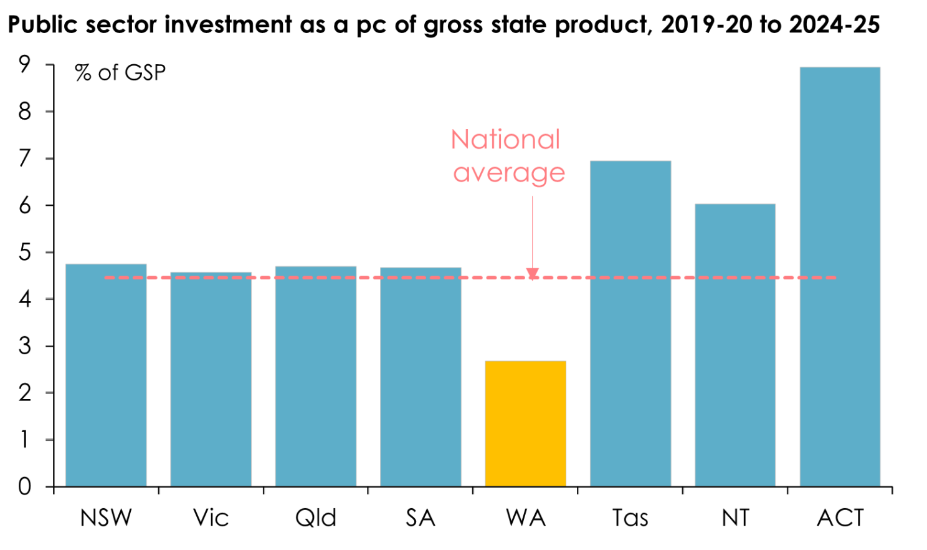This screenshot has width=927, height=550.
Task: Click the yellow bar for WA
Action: (x=525, y=423)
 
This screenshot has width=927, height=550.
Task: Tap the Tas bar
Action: (x=630, y=324)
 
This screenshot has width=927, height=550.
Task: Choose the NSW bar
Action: (x=106, y=375)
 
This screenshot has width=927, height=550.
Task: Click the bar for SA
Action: (x=421, y=377)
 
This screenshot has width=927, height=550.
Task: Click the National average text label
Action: (x=507, y=156)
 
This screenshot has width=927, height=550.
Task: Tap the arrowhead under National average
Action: (x=533, y=273)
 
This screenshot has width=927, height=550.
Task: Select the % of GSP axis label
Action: (x=120, y=73)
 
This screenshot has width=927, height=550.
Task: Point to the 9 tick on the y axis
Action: (x=25, y=65)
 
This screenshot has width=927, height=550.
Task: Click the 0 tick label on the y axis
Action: (x=25, y=486)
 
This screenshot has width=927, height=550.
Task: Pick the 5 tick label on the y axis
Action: (x=25, y=253)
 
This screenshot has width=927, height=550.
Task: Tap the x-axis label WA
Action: (x=526, y=518)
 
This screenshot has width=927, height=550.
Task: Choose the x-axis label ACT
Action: (x=840, y=518)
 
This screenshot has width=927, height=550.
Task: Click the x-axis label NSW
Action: (x=106, y=518)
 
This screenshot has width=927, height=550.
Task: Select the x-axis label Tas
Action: (x=630, y=518)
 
